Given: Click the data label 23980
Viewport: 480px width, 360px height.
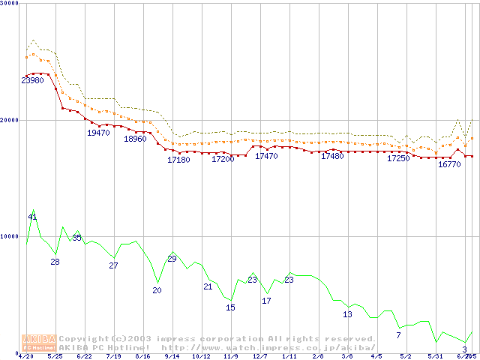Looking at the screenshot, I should [32, 80].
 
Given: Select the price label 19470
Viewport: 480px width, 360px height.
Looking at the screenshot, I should [98, 133].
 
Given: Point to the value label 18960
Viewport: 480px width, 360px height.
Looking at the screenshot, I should [135, 139].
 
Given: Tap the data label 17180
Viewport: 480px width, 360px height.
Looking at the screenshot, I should [178, 160].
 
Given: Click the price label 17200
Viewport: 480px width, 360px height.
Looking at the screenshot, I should [223, 159].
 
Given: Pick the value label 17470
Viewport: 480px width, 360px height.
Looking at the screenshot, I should [266, 156].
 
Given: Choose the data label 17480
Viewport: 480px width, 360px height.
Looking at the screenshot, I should [332, 156].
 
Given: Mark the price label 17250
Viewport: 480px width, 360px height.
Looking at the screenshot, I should [398, 158].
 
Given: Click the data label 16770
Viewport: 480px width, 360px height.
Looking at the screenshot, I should [449, 163].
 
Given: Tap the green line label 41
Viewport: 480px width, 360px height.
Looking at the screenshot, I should [32, 217].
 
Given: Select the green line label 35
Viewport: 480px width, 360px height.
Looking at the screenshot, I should [76, 238].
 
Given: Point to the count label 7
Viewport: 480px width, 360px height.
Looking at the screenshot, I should [398, 335].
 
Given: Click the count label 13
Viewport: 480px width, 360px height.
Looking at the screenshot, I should [347, 314].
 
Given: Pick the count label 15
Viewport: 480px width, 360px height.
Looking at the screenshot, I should [230, 307].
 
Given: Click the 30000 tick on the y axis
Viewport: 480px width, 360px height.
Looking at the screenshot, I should [10, 4].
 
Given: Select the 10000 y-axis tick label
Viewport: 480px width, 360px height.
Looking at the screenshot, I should [10, 236].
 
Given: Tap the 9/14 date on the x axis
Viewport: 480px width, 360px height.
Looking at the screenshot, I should [172, 356].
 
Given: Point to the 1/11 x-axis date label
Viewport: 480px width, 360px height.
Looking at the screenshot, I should [289, 356].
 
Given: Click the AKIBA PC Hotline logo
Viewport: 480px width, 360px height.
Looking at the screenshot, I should [39, 343].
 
